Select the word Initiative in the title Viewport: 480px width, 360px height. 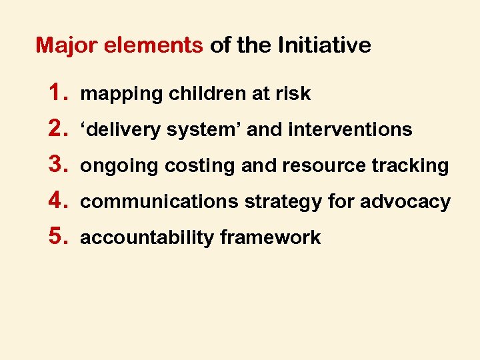tap(324, 45)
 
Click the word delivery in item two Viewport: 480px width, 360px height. tap(123, 130)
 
